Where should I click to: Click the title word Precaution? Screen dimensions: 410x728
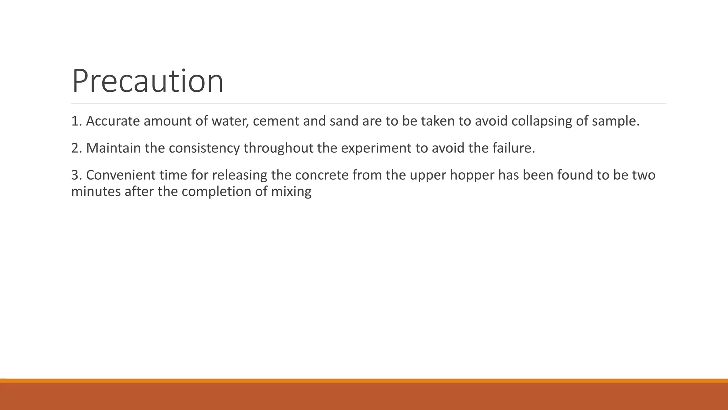tap(148, 81)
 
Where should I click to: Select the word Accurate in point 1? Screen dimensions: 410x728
tap(113, 121)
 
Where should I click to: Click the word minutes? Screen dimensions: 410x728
tap(96, 191)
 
